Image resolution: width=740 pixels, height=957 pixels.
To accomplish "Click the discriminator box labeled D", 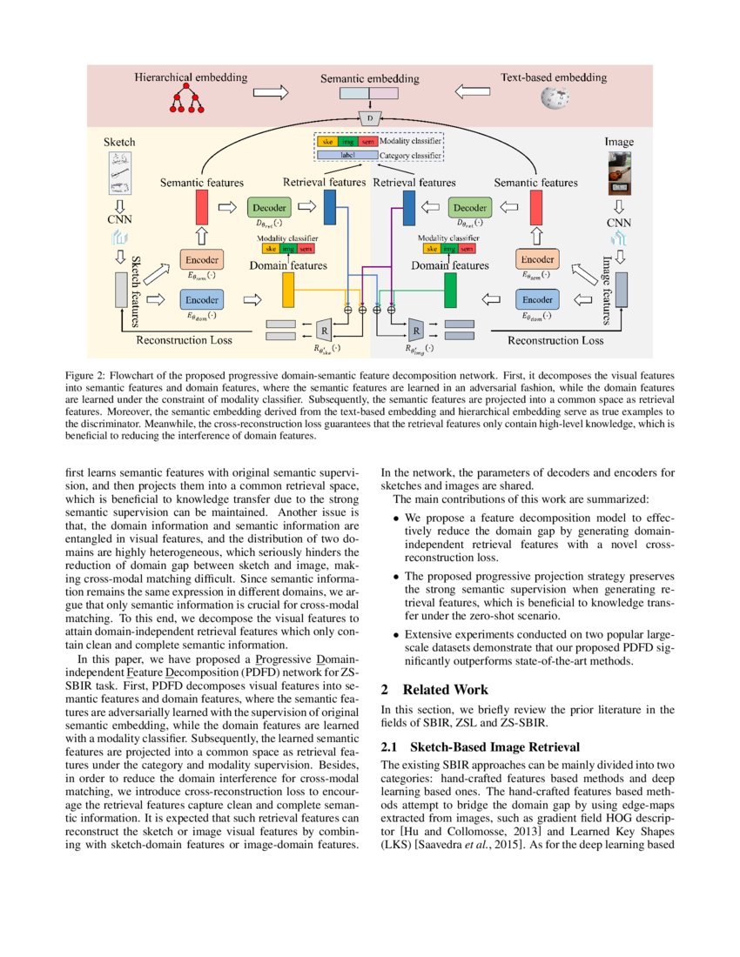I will coord(370,117).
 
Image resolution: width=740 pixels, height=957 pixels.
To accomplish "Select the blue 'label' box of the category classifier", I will coord(346,156).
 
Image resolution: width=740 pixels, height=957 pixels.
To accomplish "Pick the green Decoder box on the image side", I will coord(470,209).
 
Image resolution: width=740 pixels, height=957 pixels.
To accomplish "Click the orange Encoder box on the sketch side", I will coord(202,260).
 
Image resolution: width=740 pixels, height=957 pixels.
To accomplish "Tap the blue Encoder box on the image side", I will coord(537,299).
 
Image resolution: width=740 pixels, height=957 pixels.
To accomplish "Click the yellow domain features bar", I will coord(287,290).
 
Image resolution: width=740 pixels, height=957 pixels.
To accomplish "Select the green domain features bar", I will coord(451,290).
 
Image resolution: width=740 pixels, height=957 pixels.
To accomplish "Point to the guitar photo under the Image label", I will coord(620,177).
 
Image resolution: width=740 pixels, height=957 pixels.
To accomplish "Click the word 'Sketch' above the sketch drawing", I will coord(119,142).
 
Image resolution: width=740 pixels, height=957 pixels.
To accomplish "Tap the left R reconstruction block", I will coord(324,331).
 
